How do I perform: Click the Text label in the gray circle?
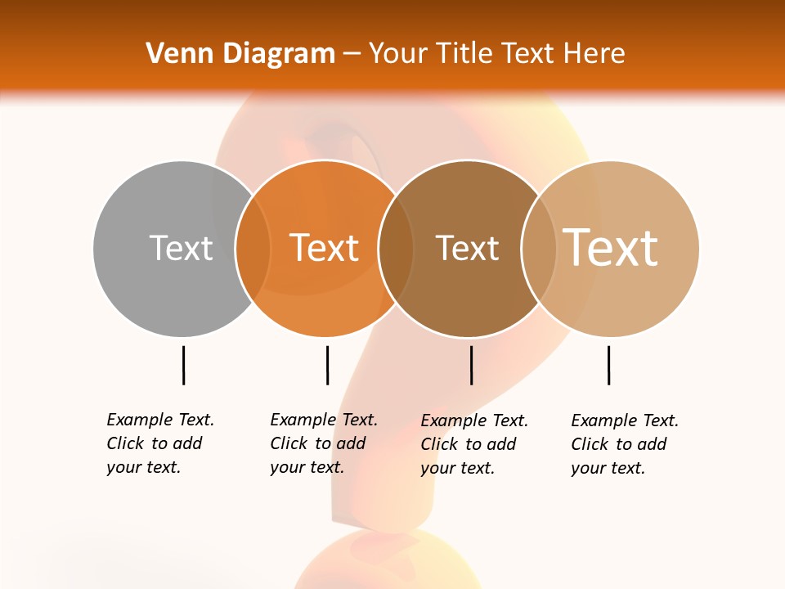[181, 248]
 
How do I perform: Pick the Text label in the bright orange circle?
[325, 248]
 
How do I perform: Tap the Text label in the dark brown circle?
[467, 248]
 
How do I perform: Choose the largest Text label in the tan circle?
[611, 247]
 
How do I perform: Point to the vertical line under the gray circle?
[183, 365]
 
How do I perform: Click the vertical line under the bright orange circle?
[327, 365]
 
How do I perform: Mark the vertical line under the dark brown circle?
[471, 365]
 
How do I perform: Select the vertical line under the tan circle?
[608, 365]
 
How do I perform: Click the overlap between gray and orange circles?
[253, 249]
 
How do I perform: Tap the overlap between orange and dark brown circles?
[396, 249]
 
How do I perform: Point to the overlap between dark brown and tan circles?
[538, 249]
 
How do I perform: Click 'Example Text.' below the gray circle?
[160, 420]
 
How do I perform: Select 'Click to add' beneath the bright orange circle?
[317, 443]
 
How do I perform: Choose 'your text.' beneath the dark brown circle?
[457, 468]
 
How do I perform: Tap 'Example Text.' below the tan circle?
[625, 420]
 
